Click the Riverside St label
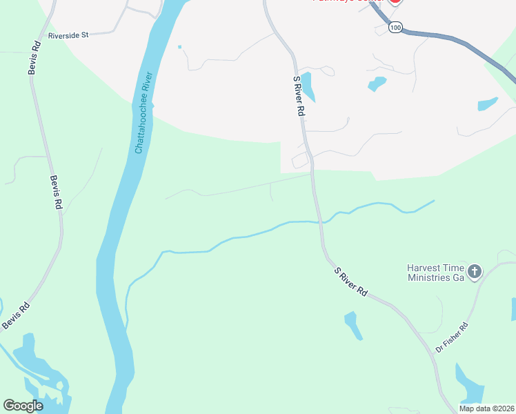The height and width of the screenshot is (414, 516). point(68,34)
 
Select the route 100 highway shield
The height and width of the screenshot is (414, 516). point(395,27)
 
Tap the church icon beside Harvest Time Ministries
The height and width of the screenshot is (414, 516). point(474,272)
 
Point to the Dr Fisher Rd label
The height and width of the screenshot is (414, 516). point(451,338)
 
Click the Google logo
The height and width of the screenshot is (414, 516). point(23,406)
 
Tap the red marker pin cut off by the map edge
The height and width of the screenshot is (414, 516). point(395,2)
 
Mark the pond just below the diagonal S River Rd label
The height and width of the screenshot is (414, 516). point(353,325)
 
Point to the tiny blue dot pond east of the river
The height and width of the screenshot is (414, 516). point(179,47)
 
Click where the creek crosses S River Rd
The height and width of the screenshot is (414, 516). point(319,222)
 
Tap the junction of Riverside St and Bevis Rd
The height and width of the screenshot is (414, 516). point(32,36)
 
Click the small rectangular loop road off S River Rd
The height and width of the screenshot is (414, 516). point(301,161)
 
